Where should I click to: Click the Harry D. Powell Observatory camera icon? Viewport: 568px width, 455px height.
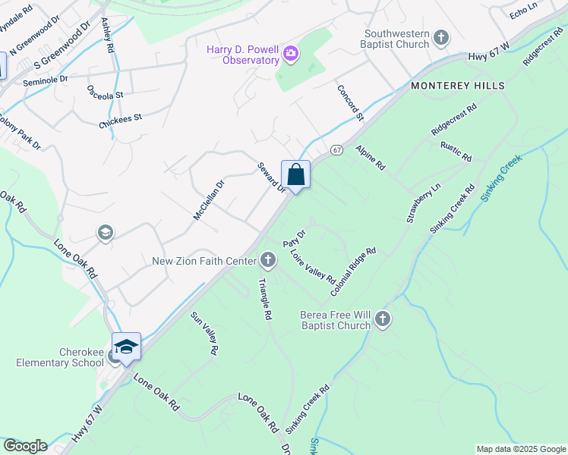tap(291, 54)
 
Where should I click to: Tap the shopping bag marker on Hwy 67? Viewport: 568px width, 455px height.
tap(295, 174)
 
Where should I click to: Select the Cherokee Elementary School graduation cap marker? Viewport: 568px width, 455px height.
tap(126, 347)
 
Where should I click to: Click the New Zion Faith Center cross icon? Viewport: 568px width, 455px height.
tap(267, 261)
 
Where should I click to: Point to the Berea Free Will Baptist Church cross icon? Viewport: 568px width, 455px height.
tap(383, 319)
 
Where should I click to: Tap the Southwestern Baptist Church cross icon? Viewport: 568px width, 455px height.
tap(441, 37)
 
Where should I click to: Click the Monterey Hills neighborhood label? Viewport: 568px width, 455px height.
tap(458, 86)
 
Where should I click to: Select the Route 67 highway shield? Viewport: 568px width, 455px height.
tap(337, 150)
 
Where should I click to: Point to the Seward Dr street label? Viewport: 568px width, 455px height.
tap(271, 177)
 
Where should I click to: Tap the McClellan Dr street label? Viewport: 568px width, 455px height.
tap(209, 199)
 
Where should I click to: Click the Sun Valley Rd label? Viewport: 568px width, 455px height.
tap(205, 334)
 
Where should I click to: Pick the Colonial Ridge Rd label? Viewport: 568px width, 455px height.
tap(353, 271)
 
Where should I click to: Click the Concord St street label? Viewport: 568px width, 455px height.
tap(351, 102)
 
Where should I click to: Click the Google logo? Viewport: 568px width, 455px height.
tap(25, 446)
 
